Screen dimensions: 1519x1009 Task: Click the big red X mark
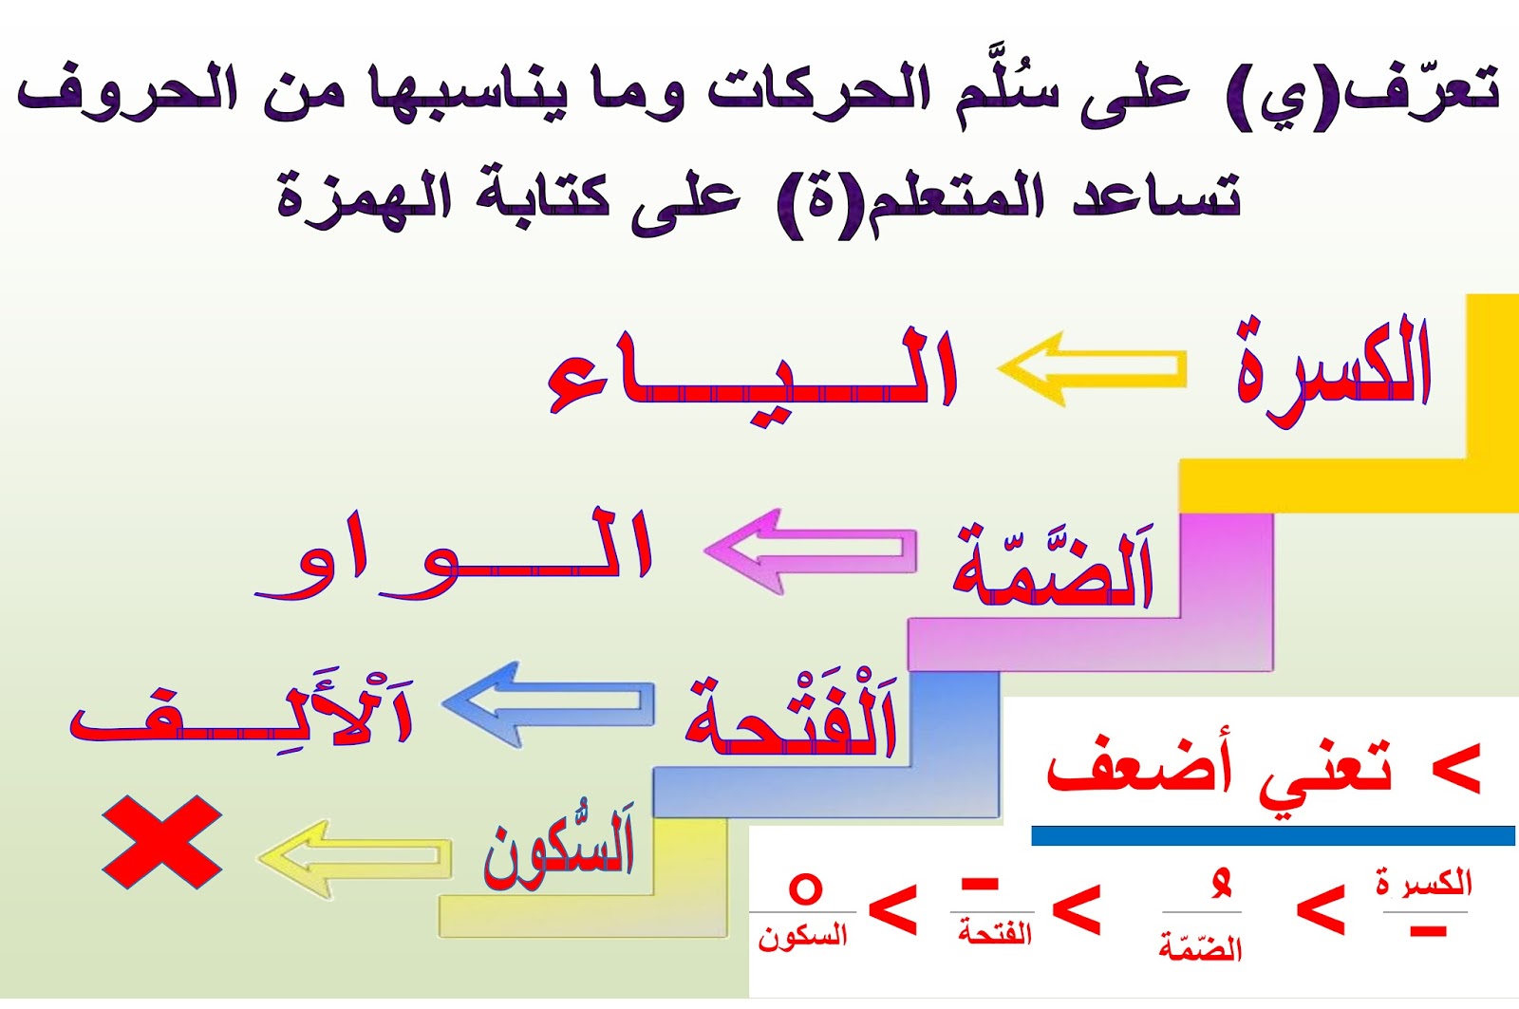point(162,842)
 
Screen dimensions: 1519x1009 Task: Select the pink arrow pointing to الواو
point(811,551)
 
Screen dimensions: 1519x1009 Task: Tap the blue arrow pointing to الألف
point(548,704)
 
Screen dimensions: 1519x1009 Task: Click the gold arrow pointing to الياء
point(1093,367)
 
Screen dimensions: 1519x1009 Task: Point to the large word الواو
point(453,554)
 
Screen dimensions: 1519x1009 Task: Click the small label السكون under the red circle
point(803,937)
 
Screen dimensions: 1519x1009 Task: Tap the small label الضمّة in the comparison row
point(1200,947)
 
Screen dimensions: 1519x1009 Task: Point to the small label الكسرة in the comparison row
point(1424,882)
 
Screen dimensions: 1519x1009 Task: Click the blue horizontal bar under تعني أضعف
point(1273,835)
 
